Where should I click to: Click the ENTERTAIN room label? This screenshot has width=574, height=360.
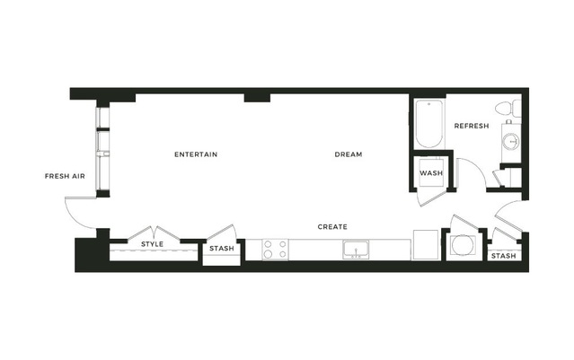(196, 154)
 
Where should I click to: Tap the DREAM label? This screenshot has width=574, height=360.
(349, 154)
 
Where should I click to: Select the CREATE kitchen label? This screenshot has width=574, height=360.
(332, 227)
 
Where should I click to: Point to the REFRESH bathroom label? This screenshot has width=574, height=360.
(472, 126)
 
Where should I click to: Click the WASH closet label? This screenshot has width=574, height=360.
(431, 172)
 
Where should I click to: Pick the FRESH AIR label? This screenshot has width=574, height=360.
(65, 176)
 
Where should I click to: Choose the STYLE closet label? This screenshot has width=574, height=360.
(153, 244)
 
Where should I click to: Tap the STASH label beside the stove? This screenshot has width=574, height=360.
(222, 249)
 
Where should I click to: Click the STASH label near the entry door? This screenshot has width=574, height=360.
(503, 256)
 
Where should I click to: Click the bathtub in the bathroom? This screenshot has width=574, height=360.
(429, 124)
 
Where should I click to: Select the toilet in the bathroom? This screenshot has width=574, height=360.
(508, 109)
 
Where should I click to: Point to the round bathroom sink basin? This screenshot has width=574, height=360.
(511, 141)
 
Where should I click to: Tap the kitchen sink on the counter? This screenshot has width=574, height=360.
(356, 250)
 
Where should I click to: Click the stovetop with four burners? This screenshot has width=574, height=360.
(275, 250)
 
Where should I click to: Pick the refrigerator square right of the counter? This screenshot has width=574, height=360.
(426, 245)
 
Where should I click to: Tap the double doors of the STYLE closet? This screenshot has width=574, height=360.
(154, 233)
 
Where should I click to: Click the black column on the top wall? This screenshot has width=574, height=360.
(257, 98)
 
